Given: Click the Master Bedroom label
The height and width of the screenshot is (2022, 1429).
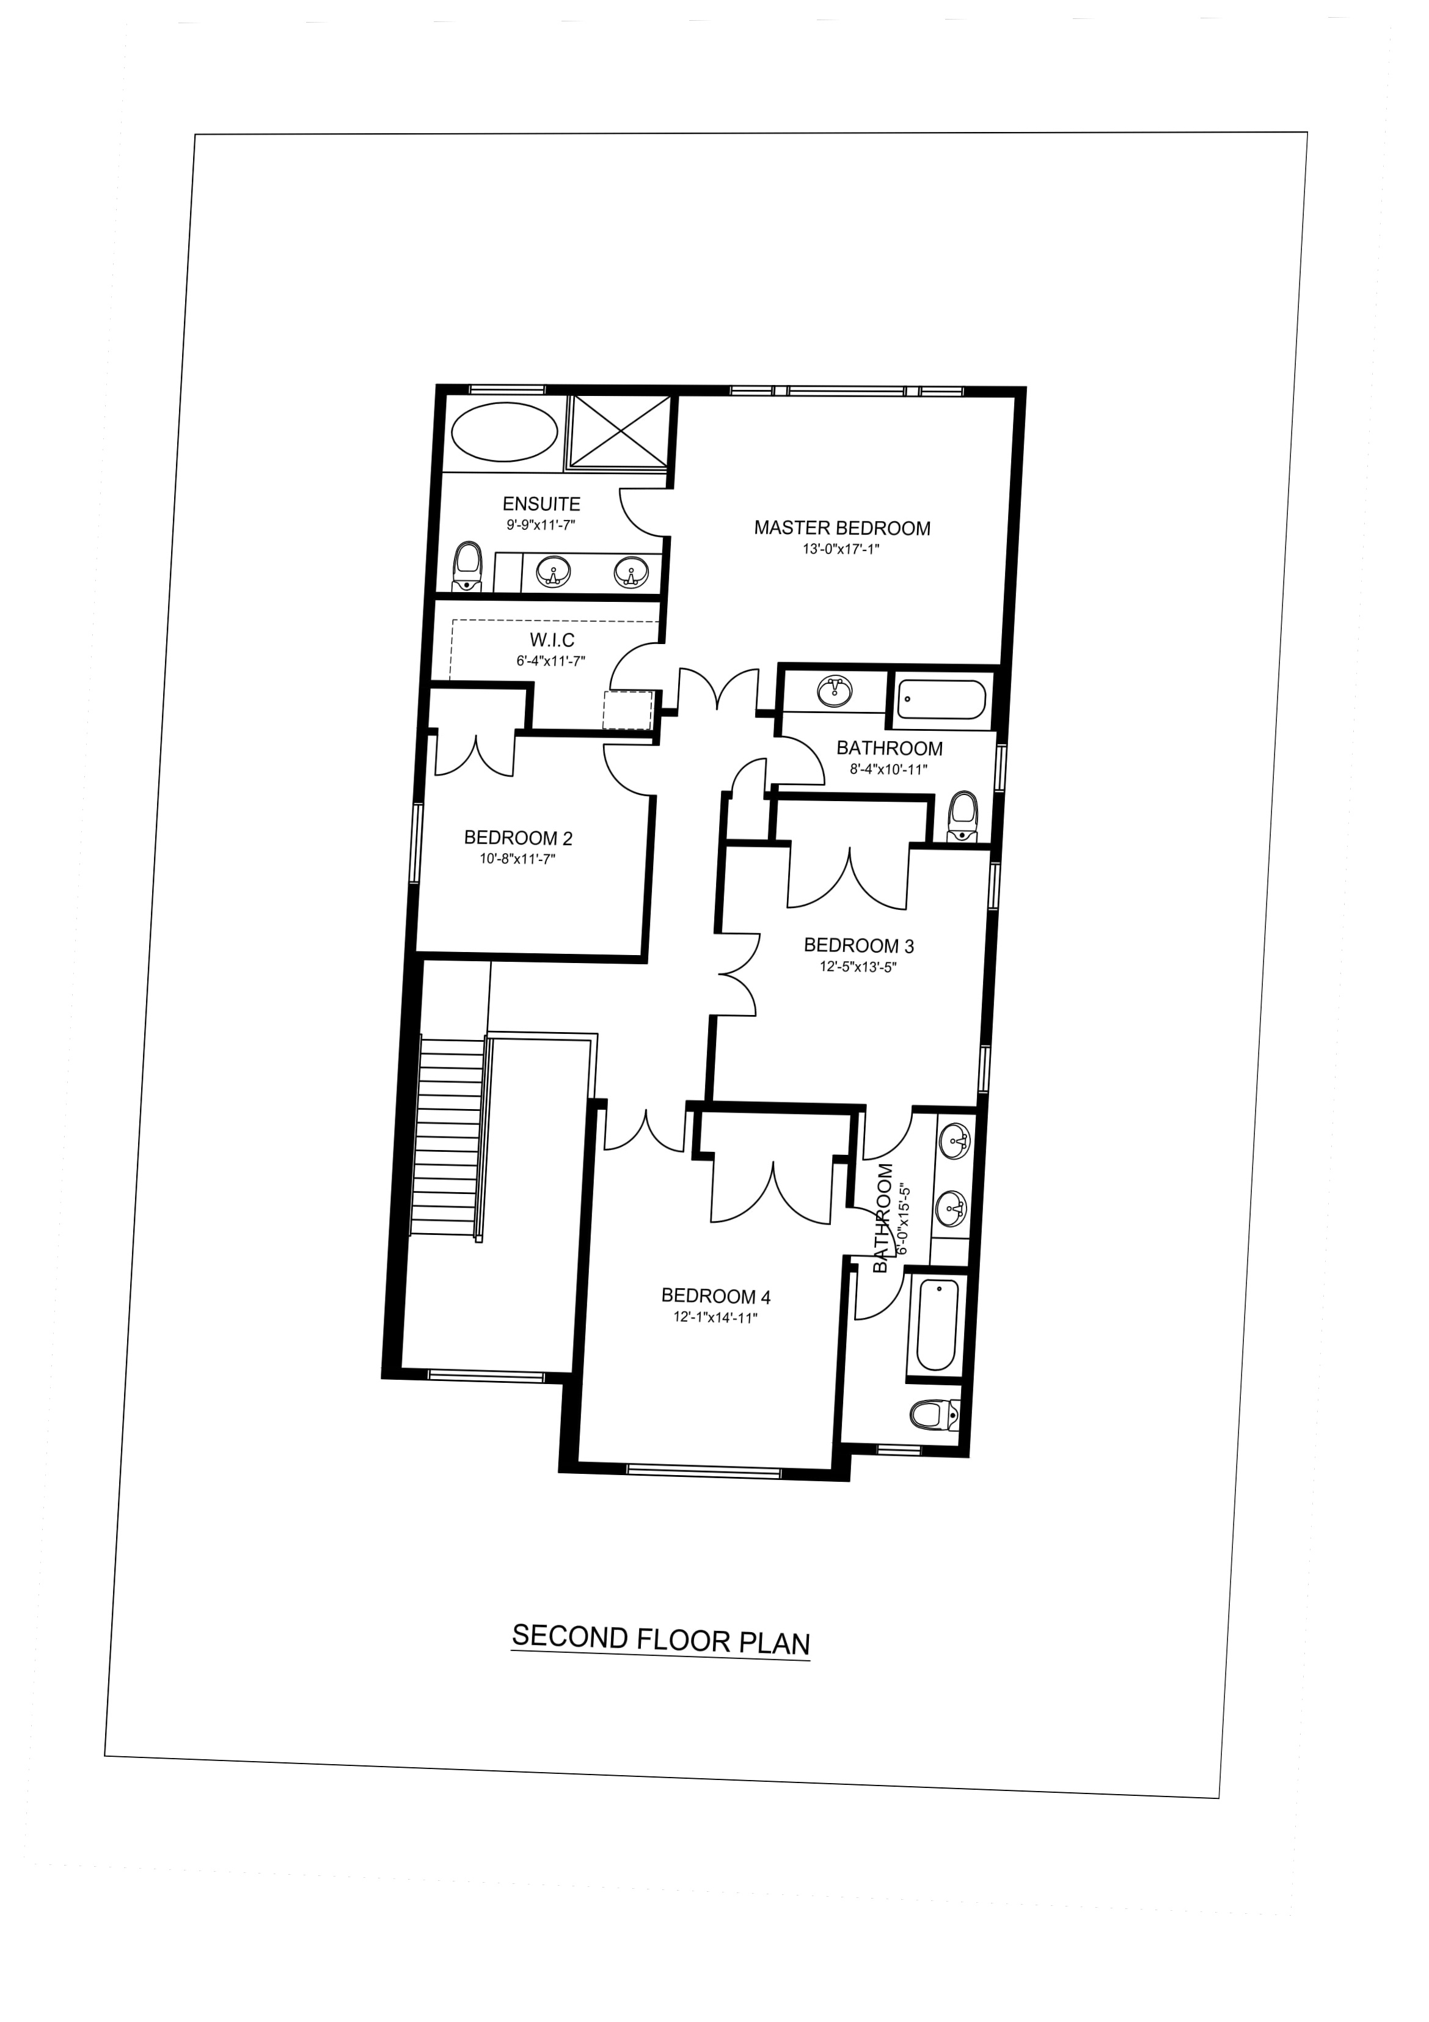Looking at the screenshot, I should pos(842,529).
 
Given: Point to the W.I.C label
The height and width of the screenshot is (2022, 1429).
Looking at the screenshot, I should pos(552,640).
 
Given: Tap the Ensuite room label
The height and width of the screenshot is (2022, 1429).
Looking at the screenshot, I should pos(541,504).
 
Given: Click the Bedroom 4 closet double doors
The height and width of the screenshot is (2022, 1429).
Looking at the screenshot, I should pos(772,1189).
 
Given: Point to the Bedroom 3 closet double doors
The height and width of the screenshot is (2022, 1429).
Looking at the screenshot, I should pos(848,877).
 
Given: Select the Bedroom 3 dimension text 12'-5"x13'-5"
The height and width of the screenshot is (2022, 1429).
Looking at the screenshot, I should pos(858,967).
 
